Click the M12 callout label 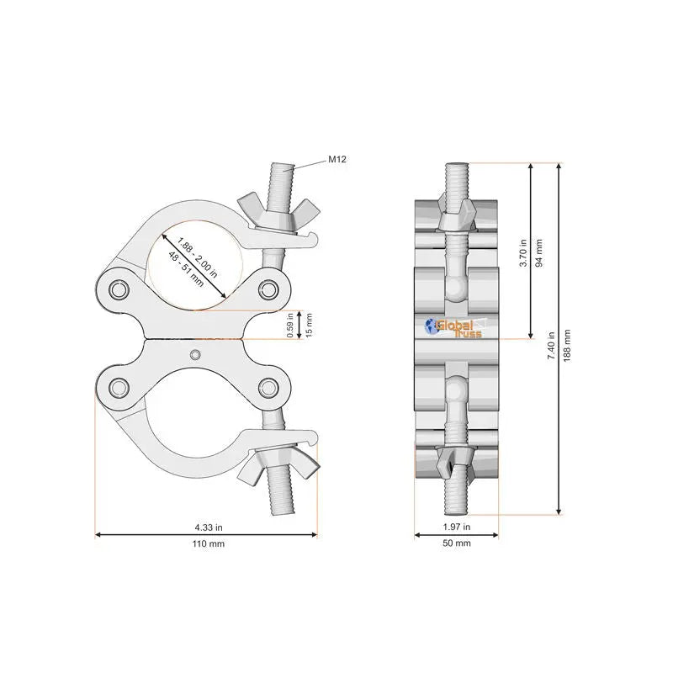tap(337, 159)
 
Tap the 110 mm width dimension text tap(208, 543)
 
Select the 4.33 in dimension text tap(209, 527)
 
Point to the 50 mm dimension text tap(457, 543)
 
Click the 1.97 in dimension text tap(457, 527)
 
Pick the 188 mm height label tap(567, 346)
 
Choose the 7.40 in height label tap(552, 346)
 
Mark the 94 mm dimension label tap(539, 253)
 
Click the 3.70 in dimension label tap(523, 253)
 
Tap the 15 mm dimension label tap(309, 325)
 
